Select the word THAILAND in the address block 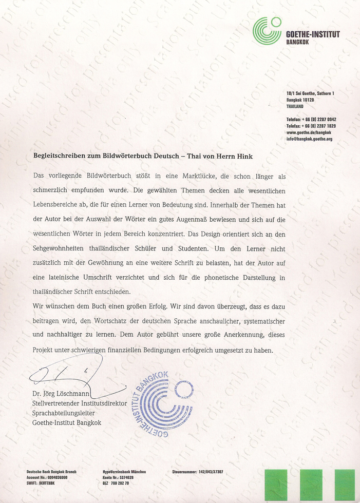295,106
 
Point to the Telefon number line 311,119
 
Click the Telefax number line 311,126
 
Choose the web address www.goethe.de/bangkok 309,132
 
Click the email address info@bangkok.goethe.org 310,139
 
